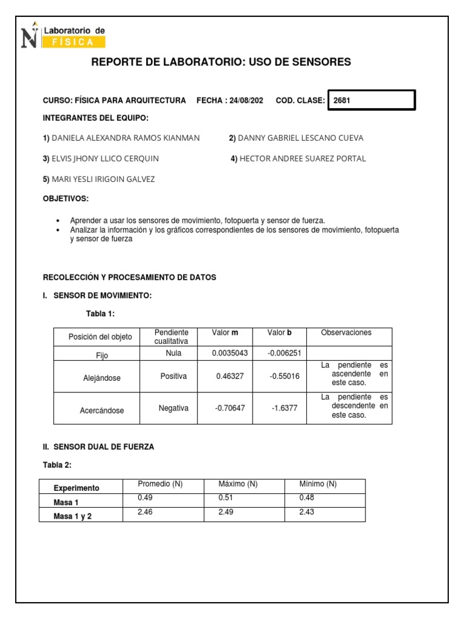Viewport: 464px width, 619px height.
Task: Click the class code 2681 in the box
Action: pos(342,101)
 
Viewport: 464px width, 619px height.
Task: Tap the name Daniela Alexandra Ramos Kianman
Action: pos(125,138)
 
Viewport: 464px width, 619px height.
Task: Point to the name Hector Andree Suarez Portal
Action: pos(302,158)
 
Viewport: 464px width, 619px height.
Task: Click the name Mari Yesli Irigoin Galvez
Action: pos(103,179)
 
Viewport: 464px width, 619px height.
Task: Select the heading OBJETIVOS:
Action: pos(65,199)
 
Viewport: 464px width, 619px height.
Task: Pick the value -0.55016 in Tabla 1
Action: pos(284,376)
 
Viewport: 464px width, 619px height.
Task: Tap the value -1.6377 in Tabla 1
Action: pos(284,409)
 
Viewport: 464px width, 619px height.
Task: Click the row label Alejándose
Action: pos(101,378)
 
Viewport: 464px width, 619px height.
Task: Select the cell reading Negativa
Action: pos(173,408)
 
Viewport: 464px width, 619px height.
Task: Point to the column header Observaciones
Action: pos(346,332)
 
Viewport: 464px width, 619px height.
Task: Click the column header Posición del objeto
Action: pos(100,337)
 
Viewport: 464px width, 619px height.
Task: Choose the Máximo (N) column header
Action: pos(238,484)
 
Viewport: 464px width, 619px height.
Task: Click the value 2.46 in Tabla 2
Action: pos(144,511)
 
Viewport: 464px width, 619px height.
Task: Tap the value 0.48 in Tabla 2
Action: pos(307,497)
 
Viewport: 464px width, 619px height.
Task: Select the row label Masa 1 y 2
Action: pos(72,516)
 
